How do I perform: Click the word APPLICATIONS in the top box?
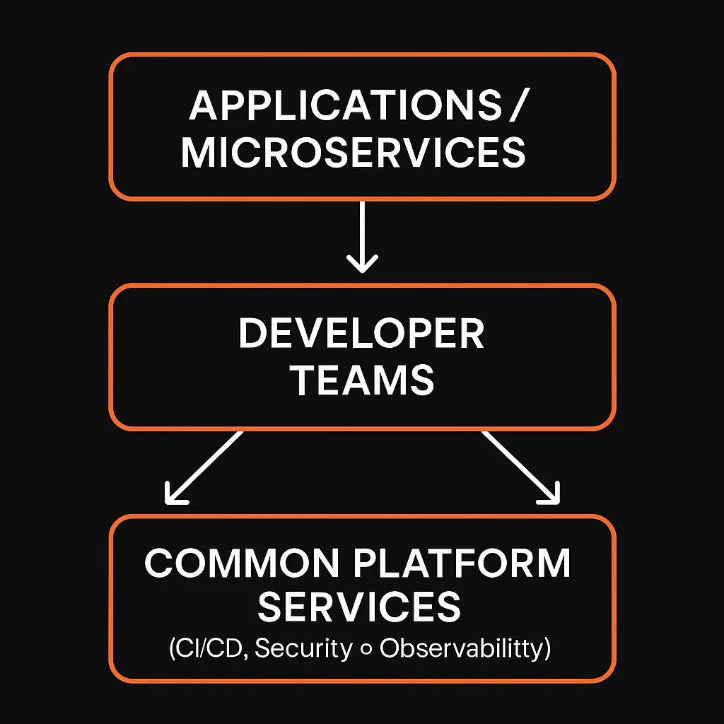(x=343, y=107)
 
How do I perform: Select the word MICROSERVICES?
(x=354, y=153)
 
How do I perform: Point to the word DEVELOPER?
(x=361, y=334)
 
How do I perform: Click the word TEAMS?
(x=363, y=380)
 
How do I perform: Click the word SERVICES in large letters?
(x=359, y=607)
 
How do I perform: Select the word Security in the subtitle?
(x=303, y=649)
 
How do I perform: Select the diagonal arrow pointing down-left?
(x=205, y=467)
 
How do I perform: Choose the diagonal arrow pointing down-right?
(x=520, y=467)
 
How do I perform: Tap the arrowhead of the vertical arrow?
(x=362, y=265)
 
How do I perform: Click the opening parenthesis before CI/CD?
(x=173, y=650)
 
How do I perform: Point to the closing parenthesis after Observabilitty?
(x=547, y=650)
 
